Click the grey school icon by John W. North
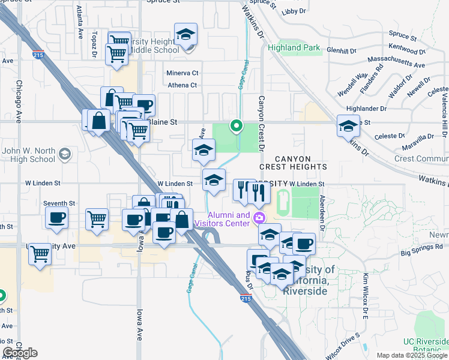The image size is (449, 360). point(64,155)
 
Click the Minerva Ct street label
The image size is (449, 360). point(182,73)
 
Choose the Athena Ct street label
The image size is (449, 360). point(182,85)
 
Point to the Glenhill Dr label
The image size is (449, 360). point(343,51)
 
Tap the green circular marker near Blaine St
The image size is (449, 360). point(237,126)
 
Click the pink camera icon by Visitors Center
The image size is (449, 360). point(259,217)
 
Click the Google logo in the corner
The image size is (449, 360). point(20,353)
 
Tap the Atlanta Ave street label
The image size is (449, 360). point(79,23)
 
